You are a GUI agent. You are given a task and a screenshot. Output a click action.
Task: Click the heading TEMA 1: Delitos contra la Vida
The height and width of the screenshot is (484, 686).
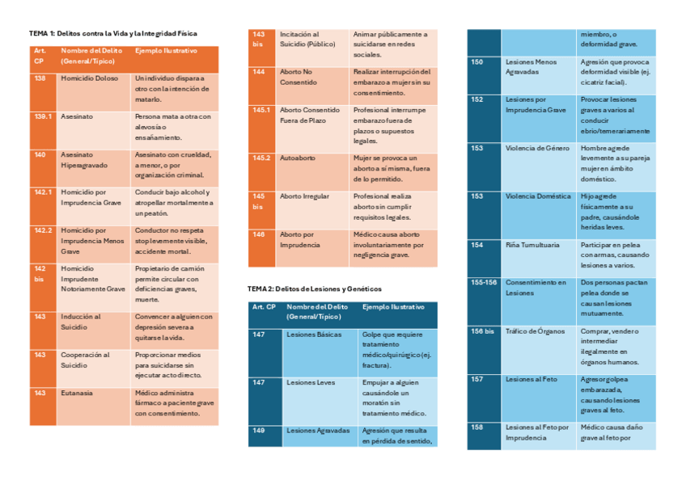(112, 33)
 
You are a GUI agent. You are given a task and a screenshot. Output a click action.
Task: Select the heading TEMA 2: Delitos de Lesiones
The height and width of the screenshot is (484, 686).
(314, 288)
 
